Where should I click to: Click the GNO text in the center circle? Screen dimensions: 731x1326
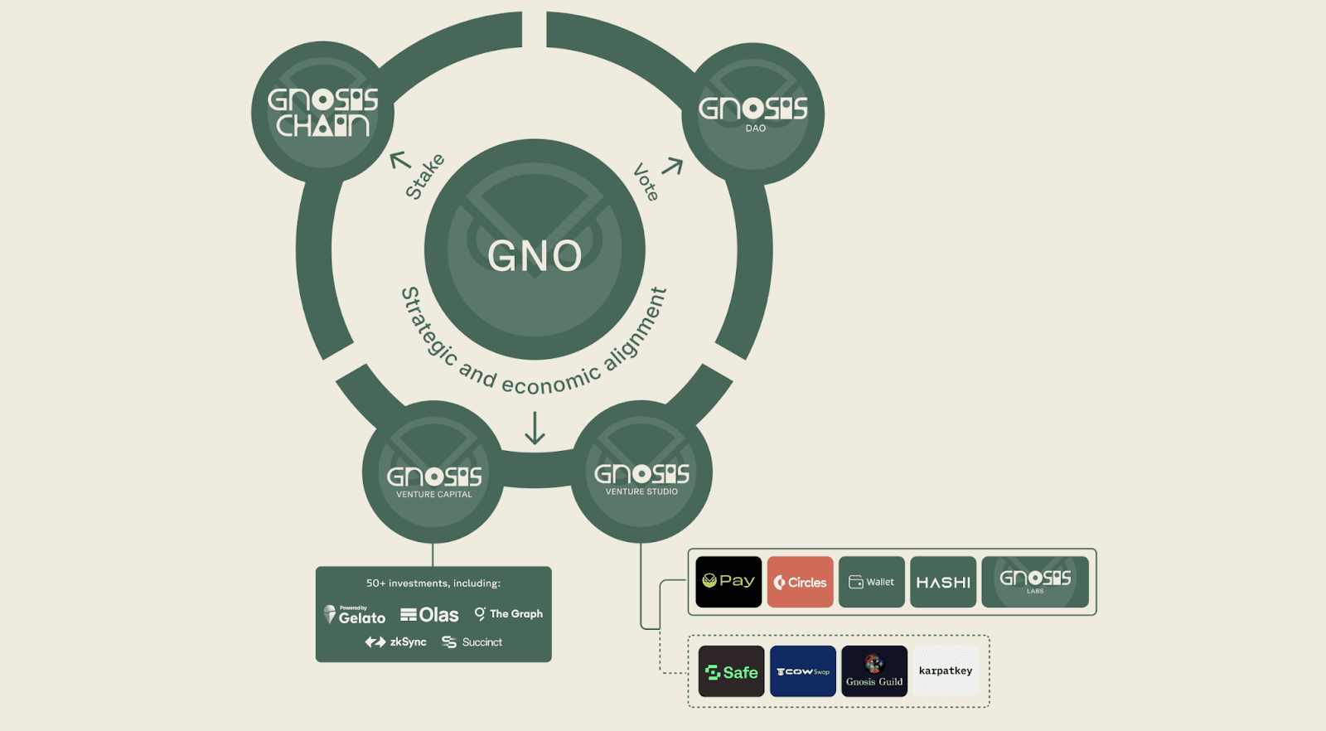click(535, 256)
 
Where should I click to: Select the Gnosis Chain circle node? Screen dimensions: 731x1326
click(322, 112)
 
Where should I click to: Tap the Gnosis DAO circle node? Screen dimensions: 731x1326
click(753, 114)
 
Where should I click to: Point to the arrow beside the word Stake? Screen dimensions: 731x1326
click(400, 158)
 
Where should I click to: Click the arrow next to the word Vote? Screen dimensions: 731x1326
click(672, 167)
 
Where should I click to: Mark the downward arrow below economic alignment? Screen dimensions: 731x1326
click(535, 428)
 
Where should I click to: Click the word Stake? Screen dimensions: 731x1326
click(424, 177)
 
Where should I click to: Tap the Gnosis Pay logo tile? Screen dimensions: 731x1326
click(728, 582)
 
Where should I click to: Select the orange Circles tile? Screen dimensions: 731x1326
click(800, 582)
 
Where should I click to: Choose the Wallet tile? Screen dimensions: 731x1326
click(871, 582)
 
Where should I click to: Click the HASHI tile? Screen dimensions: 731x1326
click(943, 582)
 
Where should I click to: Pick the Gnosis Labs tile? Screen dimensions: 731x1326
click(1035, 582)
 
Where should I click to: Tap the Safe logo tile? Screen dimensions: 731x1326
click(731, 671)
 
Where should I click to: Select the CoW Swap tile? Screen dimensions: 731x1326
click(802, 671)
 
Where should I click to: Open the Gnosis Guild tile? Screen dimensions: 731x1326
click(874, 671)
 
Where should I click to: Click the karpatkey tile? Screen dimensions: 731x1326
click(946, 671)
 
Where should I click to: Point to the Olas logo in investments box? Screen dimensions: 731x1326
click(429, 615)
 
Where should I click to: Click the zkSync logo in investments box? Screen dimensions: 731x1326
click(396, 642)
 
